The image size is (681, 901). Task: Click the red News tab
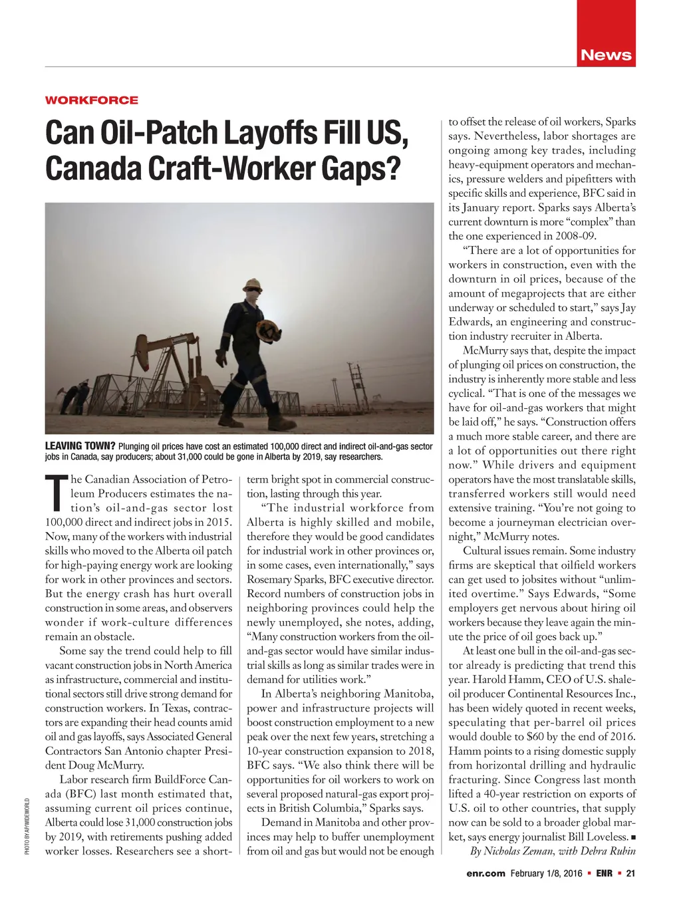point(606,55)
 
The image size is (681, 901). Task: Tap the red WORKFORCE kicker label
point(92,100)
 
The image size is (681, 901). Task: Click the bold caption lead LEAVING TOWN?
point(80,446)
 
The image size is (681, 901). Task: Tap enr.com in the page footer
point(485,874)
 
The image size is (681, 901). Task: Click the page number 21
point(630,874)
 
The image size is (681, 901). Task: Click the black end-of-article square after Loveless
point(633,837)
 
